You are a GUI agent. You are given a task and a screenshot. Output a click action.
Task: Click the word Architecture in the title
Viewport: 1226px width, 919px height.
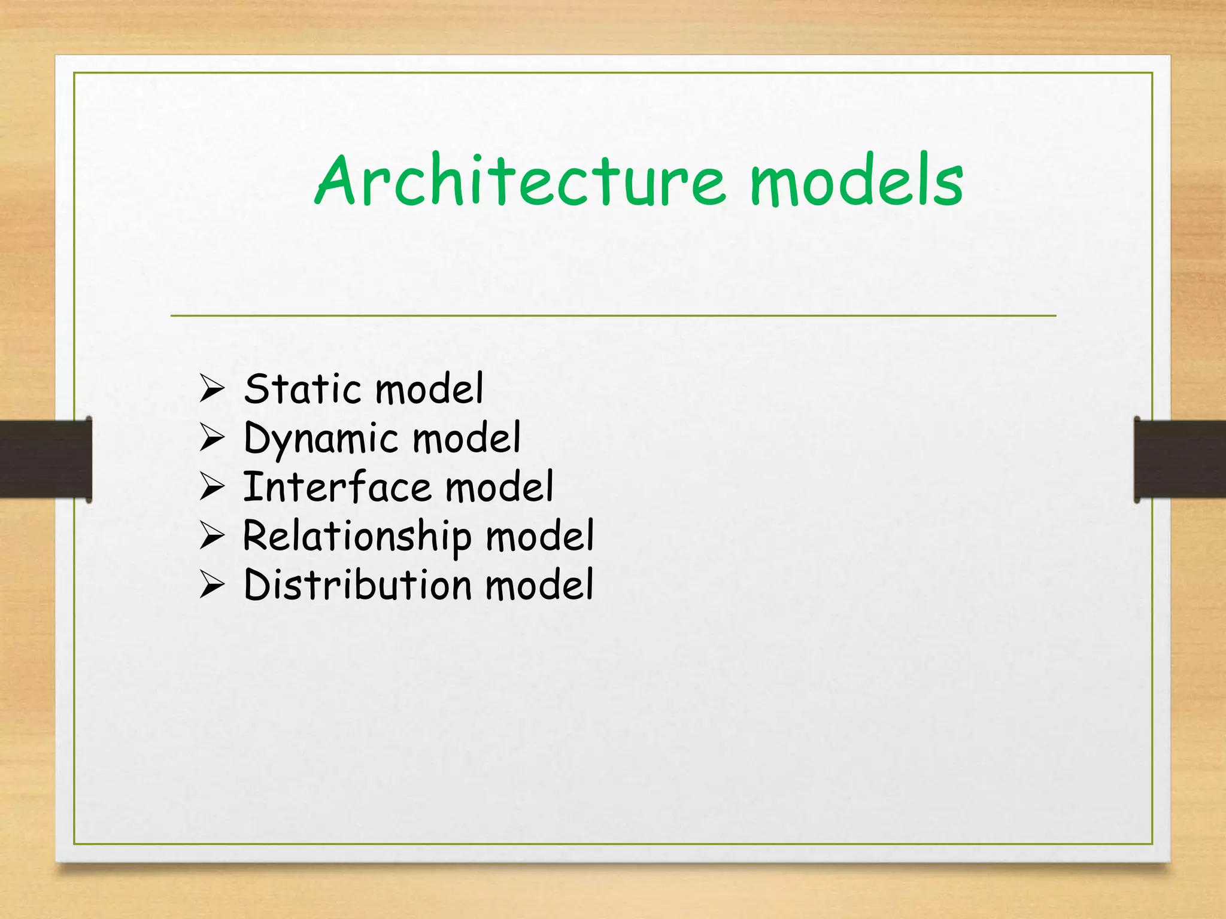521,181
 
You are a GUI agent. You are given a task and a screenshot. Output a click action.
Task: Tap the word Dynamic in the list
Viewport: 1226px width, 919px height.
321,439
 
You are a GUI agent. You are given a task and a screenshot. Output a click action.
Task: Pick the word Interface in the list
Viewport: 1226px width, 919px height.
336,487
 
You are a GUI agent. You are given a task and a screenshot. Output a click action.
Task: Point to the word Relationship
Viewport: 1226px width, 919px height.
357,536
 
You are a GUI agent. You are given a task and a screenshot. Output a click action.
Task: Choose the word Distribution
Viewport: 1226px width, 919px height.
357,585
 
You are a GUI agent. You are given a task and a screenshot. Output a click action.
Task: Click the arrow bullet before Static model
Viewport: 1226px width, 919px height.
212,388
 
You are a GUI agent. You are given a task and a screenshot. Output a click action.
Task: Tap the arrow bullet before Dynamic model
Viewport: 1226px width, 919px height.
212,437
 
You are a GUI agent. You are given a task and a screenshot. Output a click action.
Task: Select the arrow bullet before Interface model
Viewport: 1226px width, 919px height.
212,486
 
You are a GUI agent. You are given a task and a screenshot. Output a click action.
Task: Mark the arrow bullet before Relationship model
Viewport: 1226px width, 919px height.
212,535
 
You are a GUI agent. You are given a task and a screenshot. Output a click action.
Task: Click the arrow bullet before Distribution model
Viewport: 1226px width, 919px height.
212,585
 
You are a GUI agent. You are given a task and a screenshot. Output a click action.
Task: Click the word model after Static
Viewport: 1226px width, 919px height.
429,389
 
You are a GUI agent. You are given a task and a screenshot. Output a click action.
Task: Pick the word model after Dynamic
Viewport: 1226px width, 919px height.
466,438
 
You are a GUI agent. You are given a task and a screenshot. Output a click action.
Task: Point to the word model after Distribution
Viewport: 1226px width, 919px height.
539,585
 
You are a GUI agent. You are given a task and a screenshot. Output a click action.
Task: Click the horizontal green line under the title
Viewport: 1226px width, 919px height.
613,315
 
